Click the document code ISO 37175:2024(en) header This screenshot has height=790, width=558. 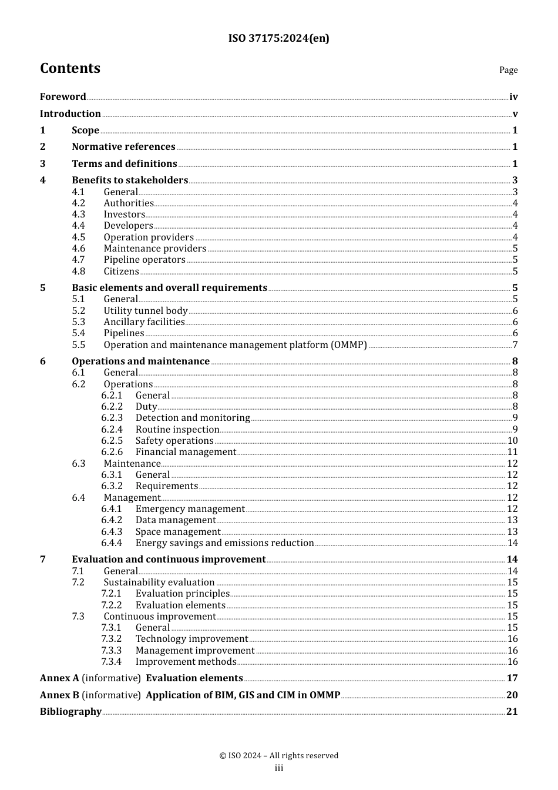pos(278,38)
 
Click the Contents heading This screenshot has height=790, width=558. pos(70,68)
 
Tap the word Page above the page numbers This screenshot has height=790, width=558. pos(508,70)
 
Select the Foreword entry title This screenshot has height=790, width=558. pos(63,97)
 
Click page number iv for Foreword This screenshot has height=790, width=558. pos(513,97)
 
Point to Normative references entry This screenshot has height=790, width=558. pos(123,147)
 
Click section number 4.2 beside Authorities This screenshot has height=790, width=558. pos(78,203)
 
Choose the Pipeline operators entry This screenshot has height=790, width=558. pos(144,260)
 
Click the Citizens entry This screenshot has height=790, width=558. pos(121,272)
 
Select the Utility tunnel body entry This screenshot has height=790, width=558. pos(146,311)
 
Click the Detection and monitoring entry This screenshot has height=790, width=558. pos(193,418)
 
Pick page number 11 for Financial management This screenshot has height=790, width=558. pos(512,452)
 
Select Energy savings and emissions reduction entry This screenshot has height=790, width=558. pos(224,543)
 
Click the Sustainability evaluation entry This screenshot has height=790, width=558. pos(159,583)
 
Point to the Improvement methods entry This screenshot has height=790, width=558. pos(186,662)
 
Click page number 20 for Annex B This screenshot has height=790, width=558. pos(512,695)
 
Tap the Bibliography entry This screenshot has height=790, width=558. pos(70,712)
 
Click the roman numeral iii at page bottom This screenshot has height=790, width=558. pos(279,768)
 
